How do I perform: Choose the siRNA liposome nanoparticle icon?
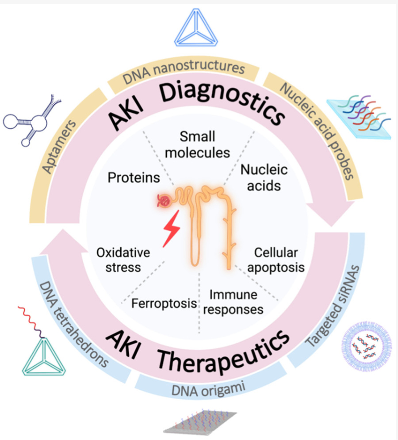(367, 346)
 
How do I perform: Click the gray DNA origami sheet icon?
(200, 422)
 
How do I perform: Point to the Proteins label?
(134, 178)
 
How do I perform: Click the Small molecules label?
(197, 145)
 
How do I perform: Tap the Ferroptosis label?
(164, 303)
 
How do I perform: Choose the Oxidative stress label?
(123, 260)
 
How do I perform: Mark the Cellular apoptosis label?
(276, 260)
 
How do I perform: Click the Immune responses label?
(233, 302)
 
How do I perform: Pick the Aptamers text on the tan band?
(59, 147)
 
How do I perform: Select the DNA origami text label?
(208, 390)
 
